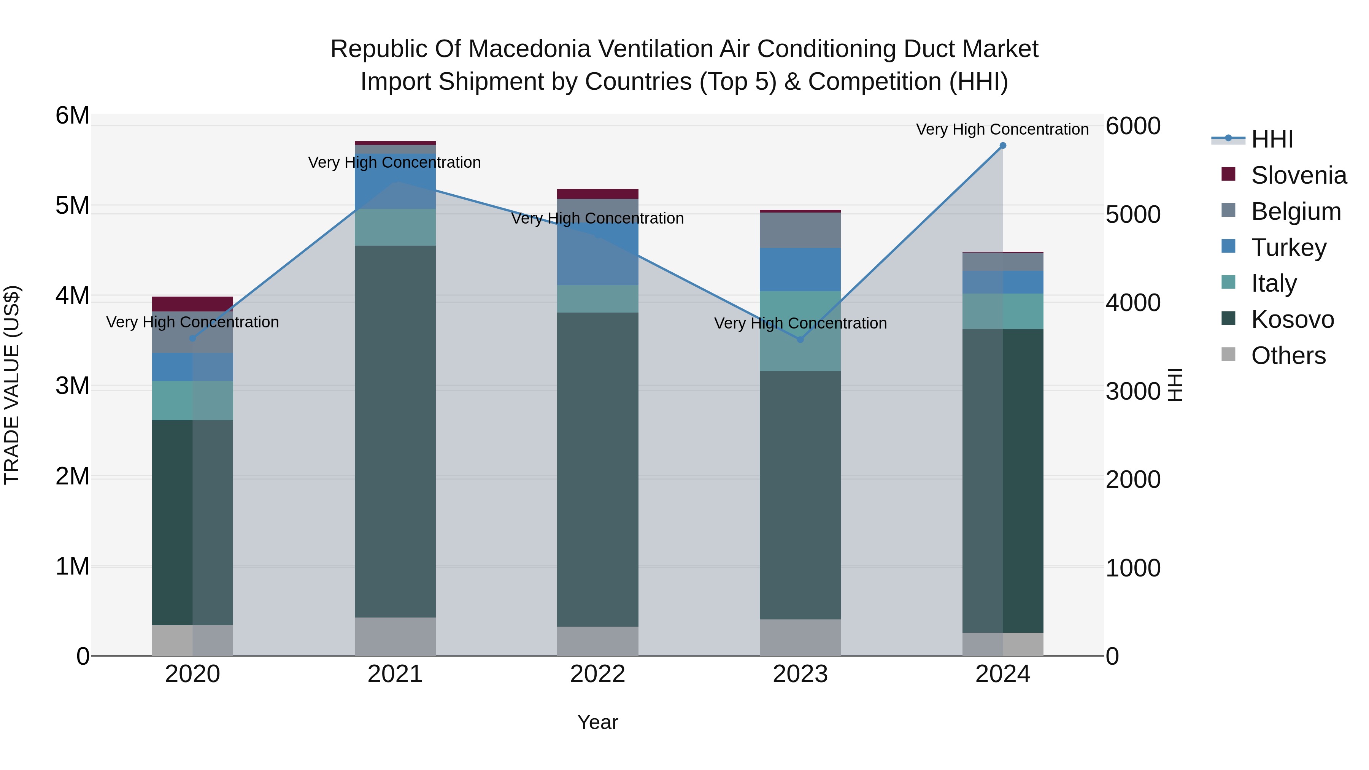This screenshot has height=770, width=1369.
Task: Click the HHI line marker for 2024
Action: (x=1002, y=146)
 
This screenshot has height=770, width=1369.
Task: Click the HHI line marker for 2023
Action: (x=800, y=339)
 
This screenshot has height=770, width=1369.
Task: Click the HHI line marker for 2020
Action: (x=192, y=338)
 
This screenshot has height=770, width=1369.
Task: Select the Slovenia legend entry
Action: (x=1298, y=175)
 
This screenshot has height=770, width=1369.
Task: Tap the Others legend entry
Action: (x=1288, y=356)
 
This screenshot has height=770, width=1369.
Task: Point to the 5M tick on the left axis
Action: (x=72, y=206)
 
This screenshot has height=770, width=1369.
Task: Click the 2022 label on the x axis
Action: (x=597, y=674)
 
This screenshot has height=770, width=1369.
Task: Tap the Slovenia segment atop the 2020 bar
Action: (x=192, y=304)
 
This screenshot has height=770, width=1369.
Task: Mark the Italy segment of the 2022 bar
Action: (x=597, y=298)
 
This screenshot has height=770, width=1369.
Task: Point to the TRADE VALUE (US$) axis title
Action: (x=12, y=385)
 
